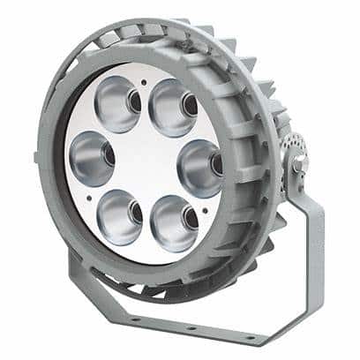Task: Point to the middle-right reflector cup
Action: point(199,163)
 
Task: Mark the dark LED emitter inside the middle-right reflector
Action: point(215,162)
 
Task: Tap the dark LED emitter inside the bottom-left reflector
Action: point(136,213)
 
